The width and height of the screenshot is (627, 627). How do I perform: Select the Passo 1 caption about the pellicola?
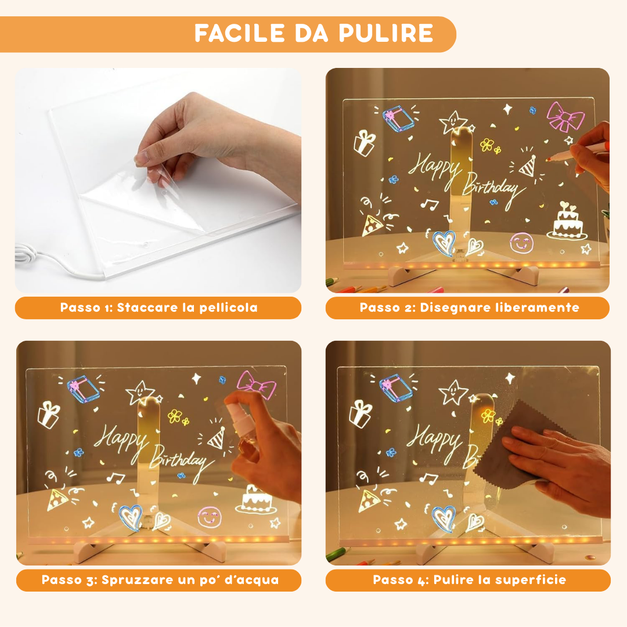(x=158, y=308)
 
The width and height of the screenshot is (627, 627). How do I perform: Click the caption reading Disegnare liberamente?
(x=469, y=308)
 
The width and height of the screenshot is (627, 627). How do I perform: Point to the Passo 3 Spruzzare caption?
(x=160, y=580)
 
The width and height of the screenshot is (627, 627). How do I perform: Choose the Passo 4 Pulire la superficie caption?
(x=469, y=580)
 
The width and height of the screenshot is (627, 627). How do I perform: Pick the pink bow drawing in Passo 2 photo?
(x=564, y=117)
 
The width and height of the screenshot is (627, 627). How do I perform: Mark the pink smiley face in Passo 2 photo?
(x=520, y=242)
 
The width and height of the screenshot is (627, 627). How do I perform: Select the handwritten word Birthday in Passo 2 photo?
(x=491, y=186)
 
